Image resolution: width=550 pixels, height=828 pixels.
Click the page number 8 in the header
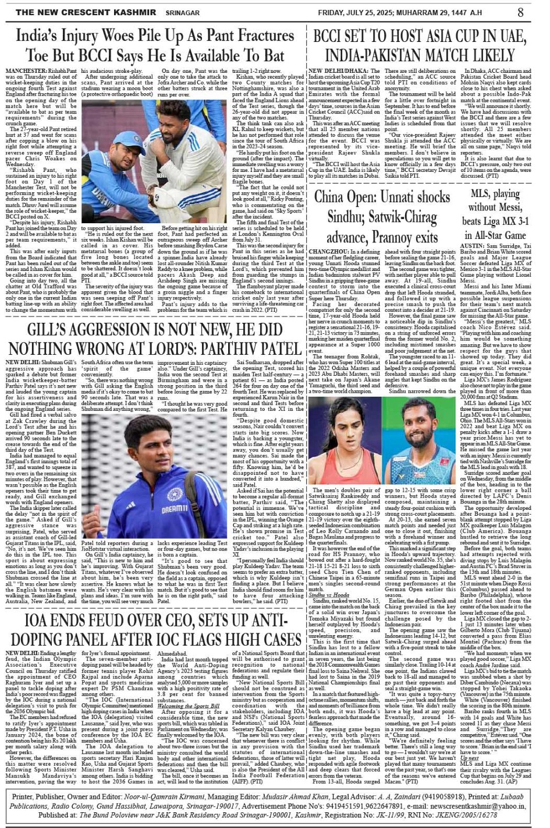[x=520, y=12]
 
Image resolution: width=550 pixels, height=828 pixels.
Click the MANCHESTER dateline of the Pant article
[x=27, y=71]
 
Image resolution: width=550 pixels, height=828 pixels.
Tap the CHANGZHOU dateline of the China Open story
[x=329, y=251]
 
